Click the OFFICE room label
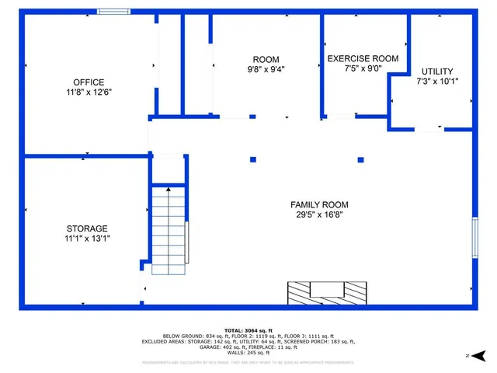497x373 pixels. [x=89, y=82]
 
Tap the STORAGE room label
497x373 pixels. [x=87, y=228]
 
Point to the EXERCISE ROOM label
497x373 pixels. [x=363, y=58]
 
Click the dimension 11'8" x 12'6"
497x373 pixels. [x=89, y=92]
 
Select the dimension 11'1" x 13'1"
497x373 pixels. [x=87, y=239]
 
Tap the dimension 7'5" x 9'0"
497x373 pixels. [x=363, y=68]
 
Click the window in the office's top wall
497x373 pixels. [x=113, y=12]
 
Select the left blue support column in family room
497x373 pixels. [x=253, y=160]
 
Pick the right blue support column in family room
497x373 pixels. [x=360, y=160]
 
